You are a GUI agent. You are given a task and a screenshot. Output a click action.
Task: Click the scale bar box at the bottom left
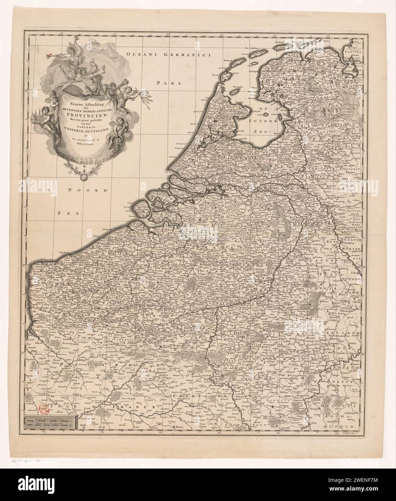(x=49, y=422)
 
